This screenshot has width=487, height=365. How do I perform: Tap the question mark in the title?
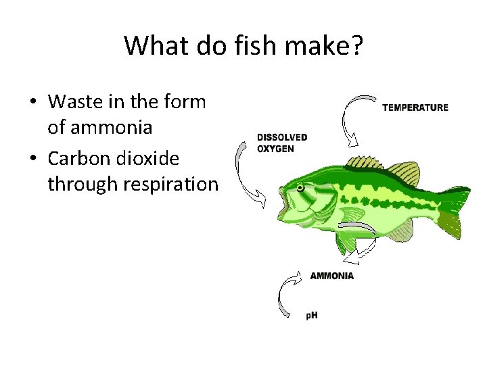(357, 46)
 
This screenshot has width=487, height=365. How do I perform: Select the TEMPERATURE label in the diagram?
(415, 107)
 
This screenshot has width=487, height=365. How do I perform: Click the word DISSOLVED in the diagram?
(282, 137)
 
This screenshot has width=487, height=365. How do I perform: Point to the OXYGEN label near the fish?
(275, 148)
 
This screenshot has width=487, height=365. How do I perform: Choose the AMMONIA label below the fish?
(331, 276)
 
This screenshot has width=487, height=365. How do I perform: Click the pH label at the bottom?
(311, 315)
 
